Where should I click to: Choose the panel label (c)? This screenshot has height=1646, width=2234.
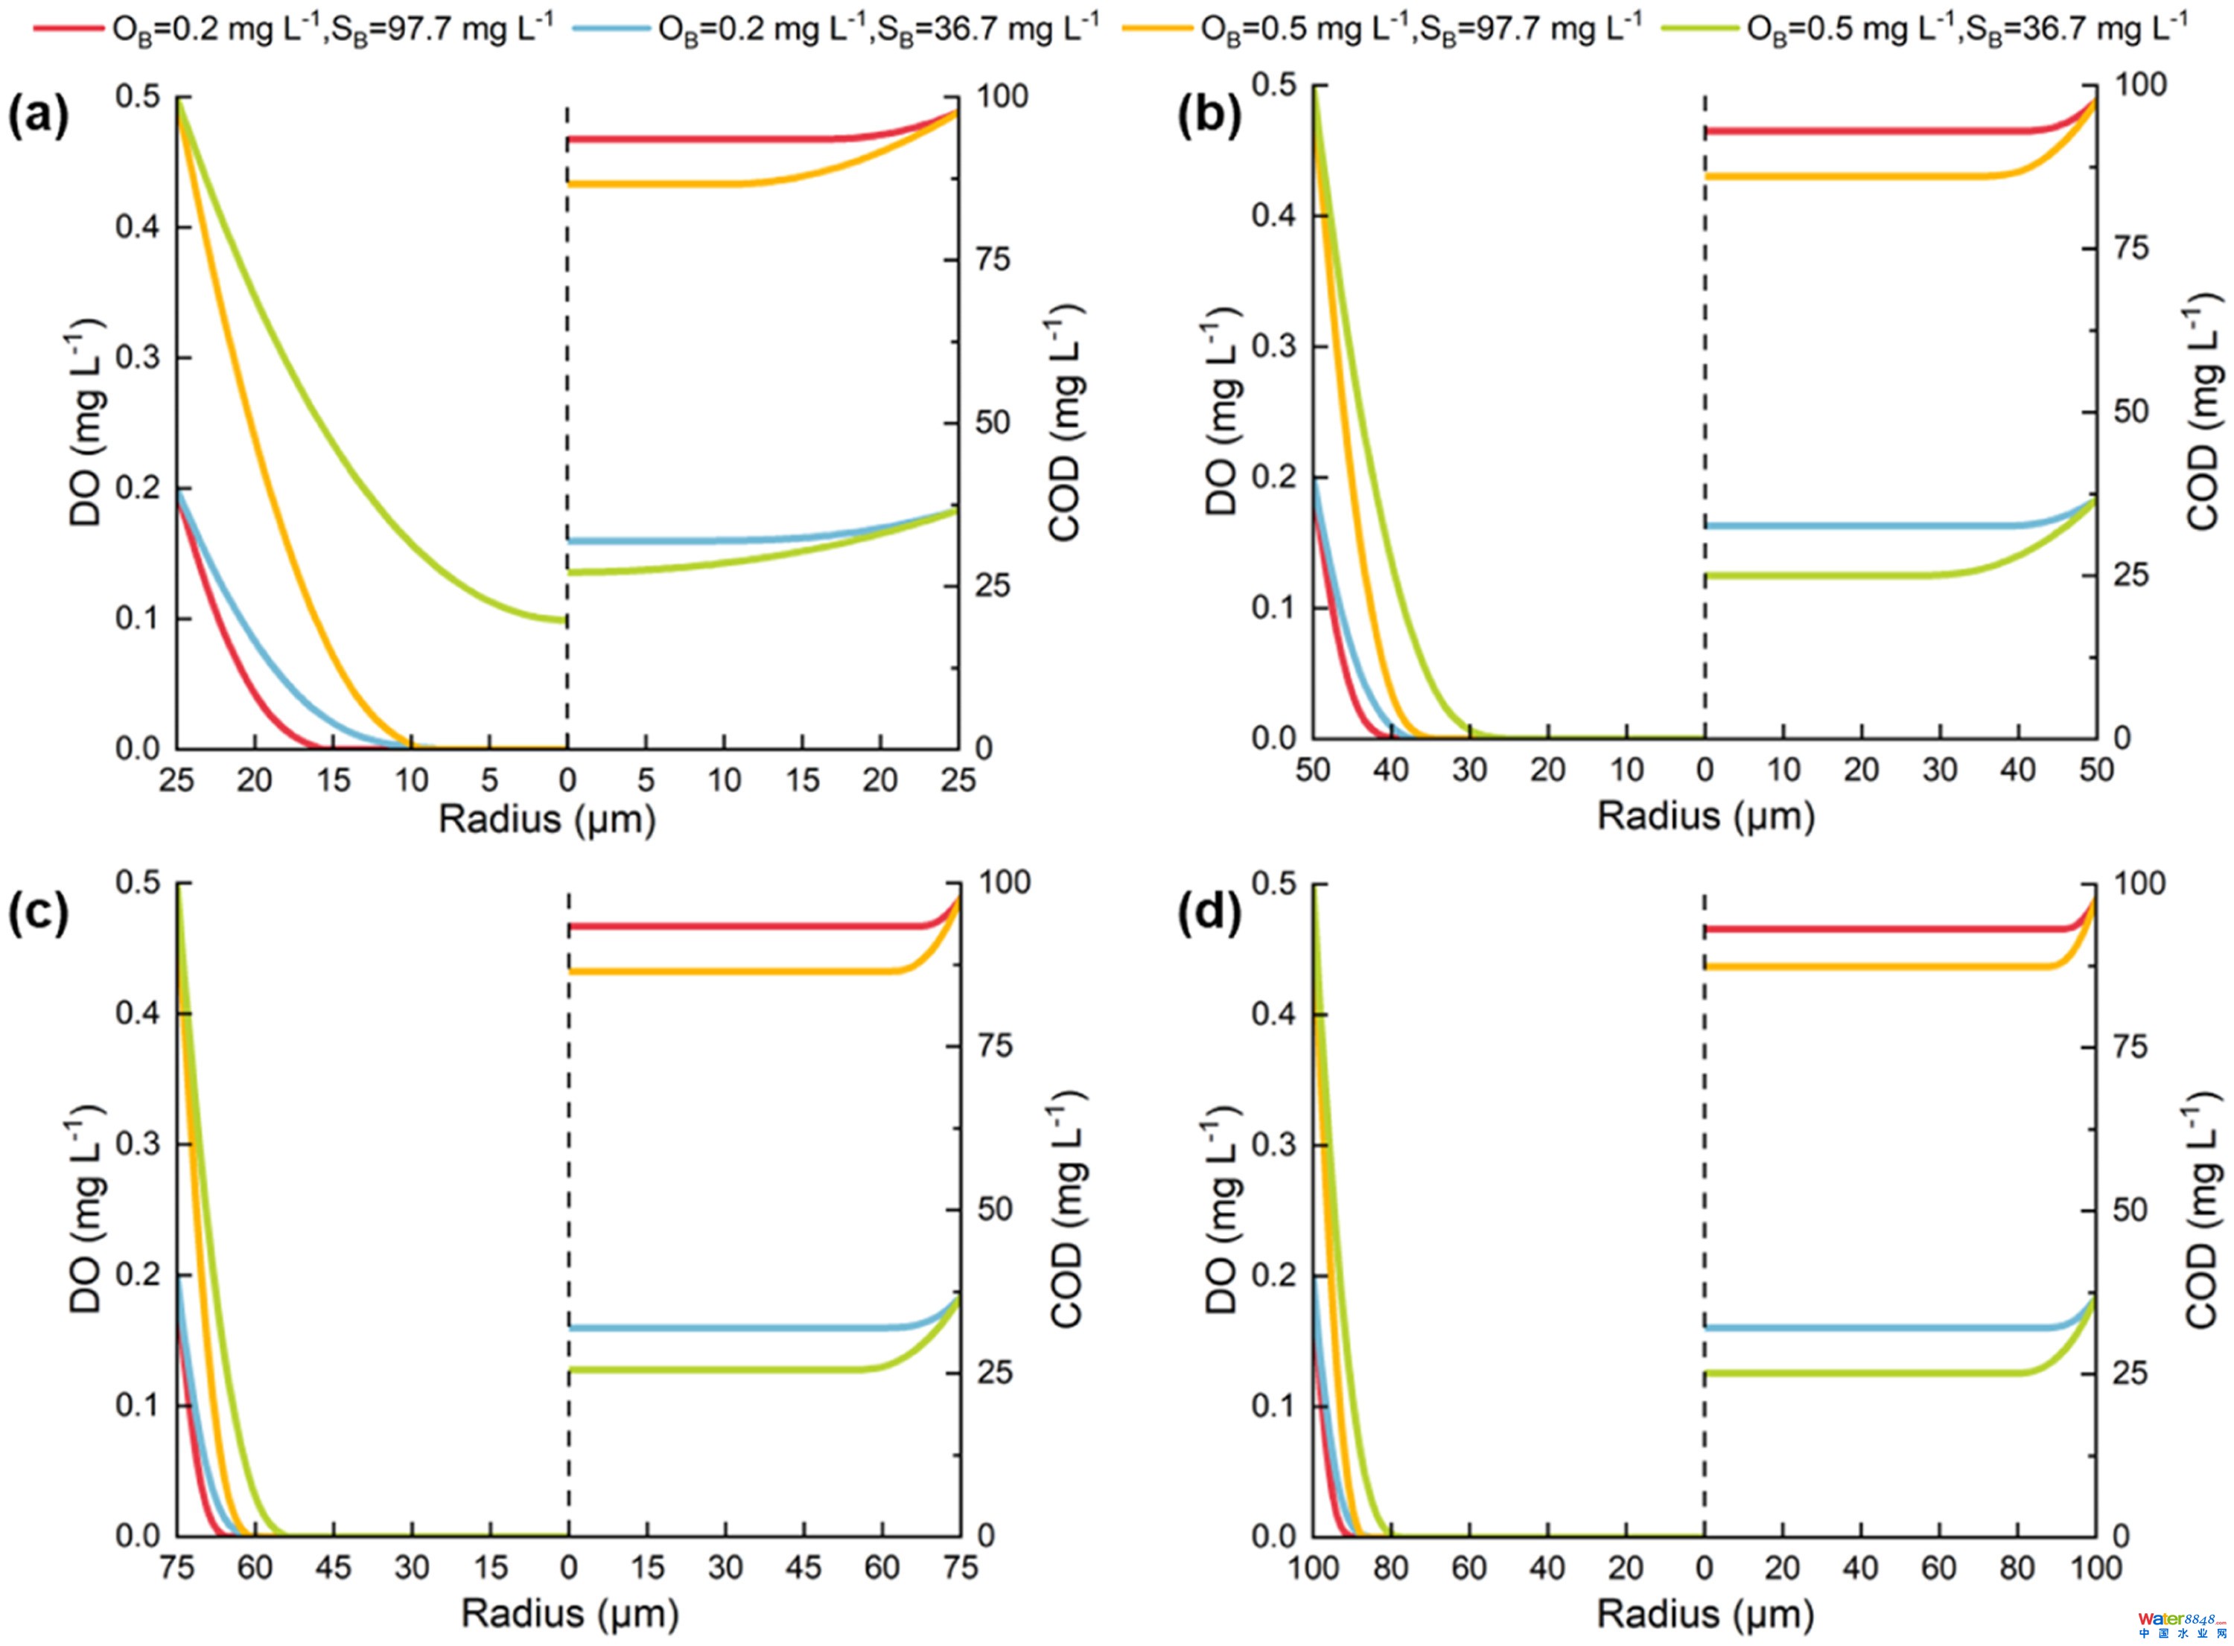pyautogui.click(x=38, y=913)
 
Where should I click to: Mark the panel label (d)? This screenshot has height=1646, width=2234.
pyautogui.click(x=1209, y=913)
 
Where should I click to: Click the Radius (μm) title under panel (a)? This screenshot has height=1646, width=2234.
pyautogui.click(x=547, y=820)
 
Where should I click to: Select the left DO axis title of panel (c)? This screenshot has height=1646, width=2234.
pyautogui.click(x=88, y=1208)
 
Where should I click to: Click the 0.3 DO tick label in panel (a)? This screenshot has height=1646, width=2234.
pyautogui.click(x=138, y=357)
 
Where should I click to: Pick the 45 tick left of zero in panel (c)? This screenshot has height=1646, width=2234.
pyautogui.click(x=333, y=1567)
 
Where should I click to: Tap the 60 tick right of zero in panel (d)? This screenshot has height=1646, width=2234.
pyautogui.click(x=1939, y=1567)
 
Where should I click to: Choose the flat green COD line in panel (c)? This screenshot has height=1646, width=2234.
pyautogui.click(x=717, y=1370)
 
